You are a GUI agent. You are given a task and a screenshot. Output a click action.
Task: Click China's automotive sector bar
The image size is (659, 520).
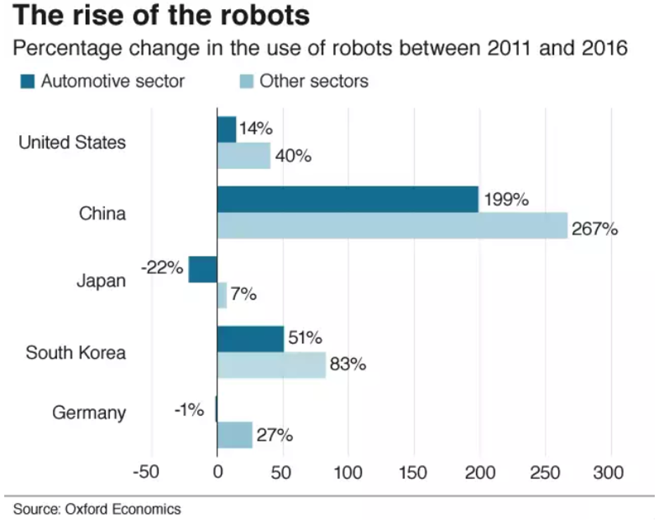point(347,199)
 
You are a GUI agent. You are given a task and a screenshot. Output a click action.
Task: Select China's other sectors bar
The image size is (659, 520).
point(391,225)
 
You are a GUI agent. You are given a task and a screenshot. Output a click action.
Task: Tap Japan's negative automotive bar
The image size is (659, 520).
point(203,269)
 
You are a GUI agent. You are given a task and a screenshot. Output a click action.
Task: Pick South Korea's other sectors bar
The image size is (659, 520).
point(271,366)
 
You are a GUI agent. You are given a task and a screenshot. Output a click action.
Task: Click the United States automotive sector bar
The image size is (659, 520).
point(226,130)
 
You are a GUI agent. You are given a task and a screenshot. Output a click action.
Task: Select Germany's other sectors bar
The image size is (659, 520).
point(234,435)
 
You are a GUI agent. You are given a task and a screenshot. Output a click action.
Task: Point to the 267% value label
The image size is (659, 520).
point(595,229)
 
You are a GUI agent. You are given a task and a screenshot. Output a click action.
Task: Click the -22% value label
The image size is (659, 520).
point(163,268)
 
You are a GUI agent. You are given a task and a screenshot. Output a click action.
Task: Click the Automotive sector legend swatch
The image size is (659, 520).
point(27,82)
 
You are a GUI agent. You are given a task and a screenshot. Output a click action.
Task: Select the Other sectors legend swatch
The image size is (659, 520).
point(246,82)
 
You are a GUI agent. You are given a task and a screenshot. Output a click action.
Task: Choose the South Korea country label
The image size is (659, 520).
point(75,352)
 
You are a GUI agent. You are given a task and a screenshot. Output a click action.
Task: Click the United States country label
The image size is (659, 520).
point(72,142)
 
